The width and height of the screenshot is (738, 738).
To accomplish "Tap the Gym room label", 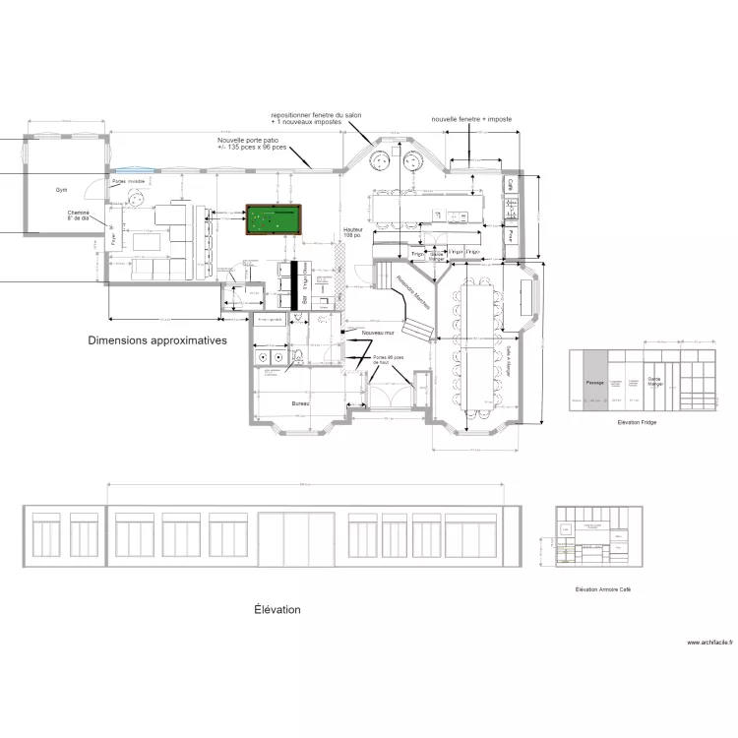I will (x=60, y=189).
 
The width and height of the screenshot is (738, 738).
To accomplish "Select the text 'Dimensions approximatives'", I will (x=157, y=340).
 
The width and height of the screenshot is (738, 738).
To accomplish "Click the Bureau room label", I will (x=301, y=403).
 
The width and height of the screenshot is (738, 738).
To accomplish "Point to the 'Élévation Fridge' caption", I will (x=637, y=422).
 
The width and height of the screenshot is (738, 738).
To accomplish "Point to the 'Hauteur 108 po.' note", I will (x=353, y=233).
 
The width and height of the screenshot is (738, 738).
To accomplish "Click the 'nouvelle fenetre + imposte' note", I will (x=472, y=119).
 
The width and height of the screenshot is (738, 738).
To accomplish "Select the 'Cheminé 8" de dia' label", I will (x=79, y=216).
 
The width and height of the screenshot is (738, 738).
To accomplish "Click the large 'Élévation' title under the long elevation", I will (x=277, y=610).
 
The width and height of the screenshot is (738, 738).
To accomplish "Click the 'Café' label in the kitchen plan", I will (x=511, y=184).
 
